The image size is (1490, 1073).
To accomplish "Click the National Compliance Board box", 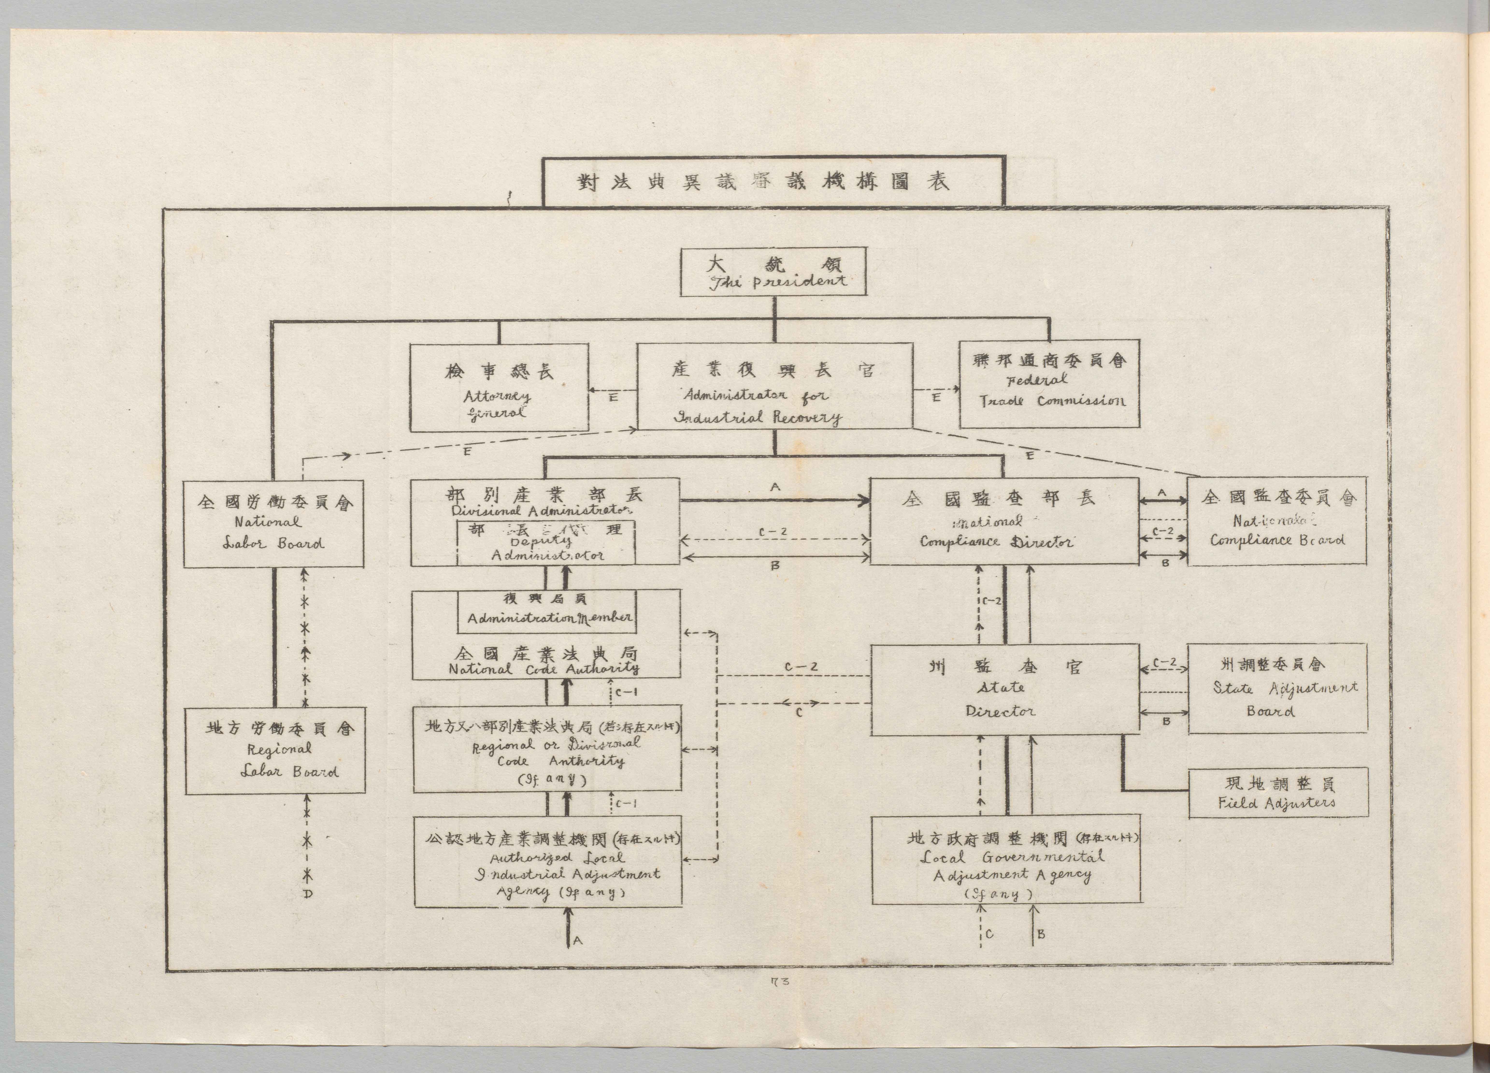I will [x=1277, y=521].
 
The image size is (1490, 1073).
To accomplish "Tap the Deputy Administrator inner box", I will [x=547, y=543].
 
